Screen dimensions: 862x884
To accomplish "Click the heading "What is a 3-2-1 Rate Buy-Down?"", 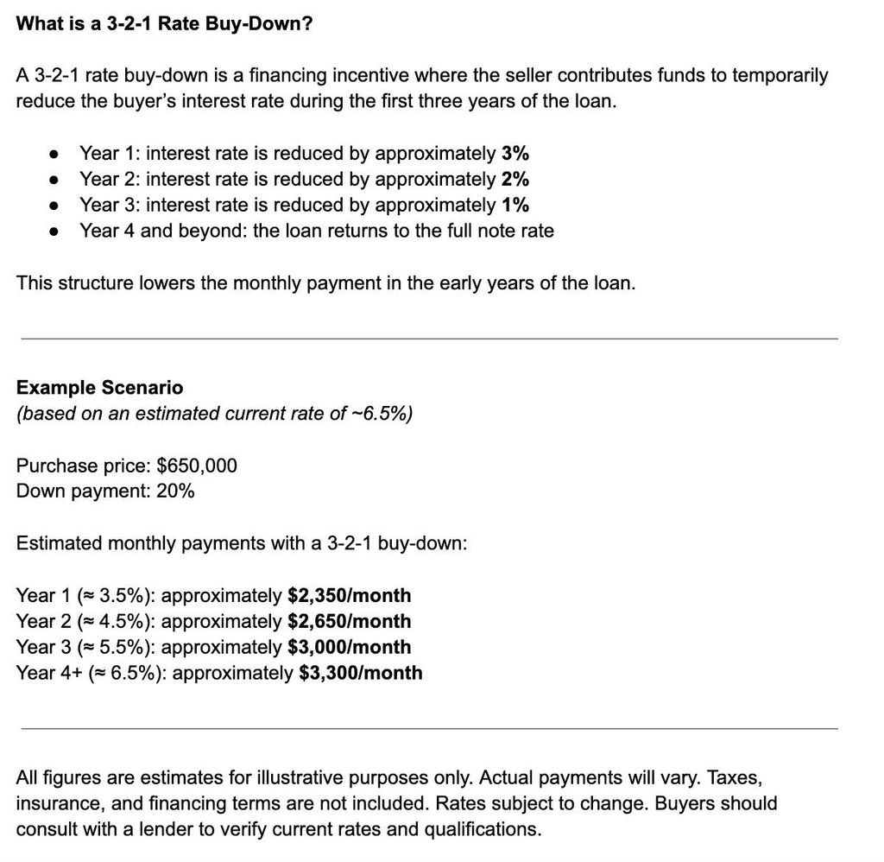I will pos(164,23).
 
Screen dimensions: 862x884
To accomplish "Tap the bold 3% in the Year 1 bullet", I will pos(515,154).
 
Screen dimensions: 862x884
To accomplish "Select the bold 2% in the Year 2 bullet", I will pos(515,180).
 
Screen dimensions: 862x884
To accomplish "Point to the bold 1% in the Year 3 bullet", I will pos(515,206).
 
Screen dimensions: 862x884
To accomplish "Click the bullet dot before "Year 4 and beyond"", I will pos(54,231).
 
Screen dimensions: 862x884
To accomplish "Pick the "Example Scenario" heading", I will pos(99,388).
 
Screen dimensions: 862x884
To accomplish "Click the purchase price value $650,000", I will pos(196,466).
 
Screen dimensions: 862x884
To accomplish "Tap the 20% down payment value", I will pos(175,491).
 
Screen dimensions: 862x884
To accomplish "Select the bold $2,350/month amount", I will pos(349,596).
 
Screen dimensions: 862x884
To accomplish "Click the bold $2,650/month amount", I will pos(349,622).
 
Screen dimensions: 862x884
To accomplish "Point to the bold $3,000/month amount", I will pos(349,648).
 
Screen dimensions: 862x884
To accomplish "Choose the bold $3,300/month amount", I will pos(360,673).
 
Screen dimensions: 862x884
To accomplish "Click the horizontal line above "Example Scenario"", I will pos(429,339).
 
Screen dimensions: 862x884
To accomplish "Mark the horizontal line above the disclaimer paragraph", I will pos(429,728).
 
